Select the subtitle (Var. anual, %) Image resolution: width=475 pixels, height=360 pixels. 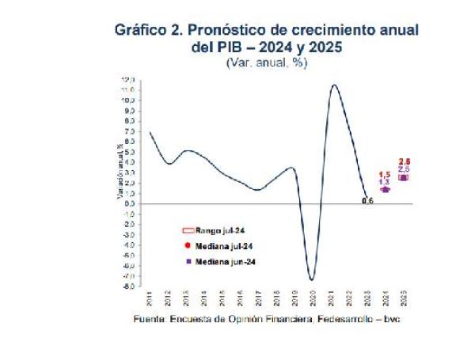tap(266, 62)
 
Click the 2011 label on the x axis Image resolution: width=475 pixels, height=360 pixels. tap(150, 298)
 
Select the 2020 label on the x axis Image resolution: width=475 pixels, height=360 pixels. tap(313, 298)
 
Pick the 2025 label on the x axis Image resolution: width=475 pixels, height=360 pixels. tap(403, 298)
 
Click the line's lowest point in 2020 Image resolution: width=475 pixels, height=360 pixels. tap(312, 279)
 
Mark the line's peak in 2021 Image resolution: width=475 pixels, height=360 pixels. tap(335, 85)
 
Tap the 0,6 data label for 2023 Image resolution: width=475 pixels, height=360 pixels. tap(367, 201)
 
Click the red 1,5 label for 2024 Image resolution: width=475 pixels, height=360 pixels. tap(385, 175)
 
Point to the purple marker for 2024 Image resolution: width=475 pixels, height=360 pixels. tap(386, 190)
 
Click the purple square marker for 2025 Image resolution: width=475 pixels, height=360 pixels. tap(404, 177)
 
